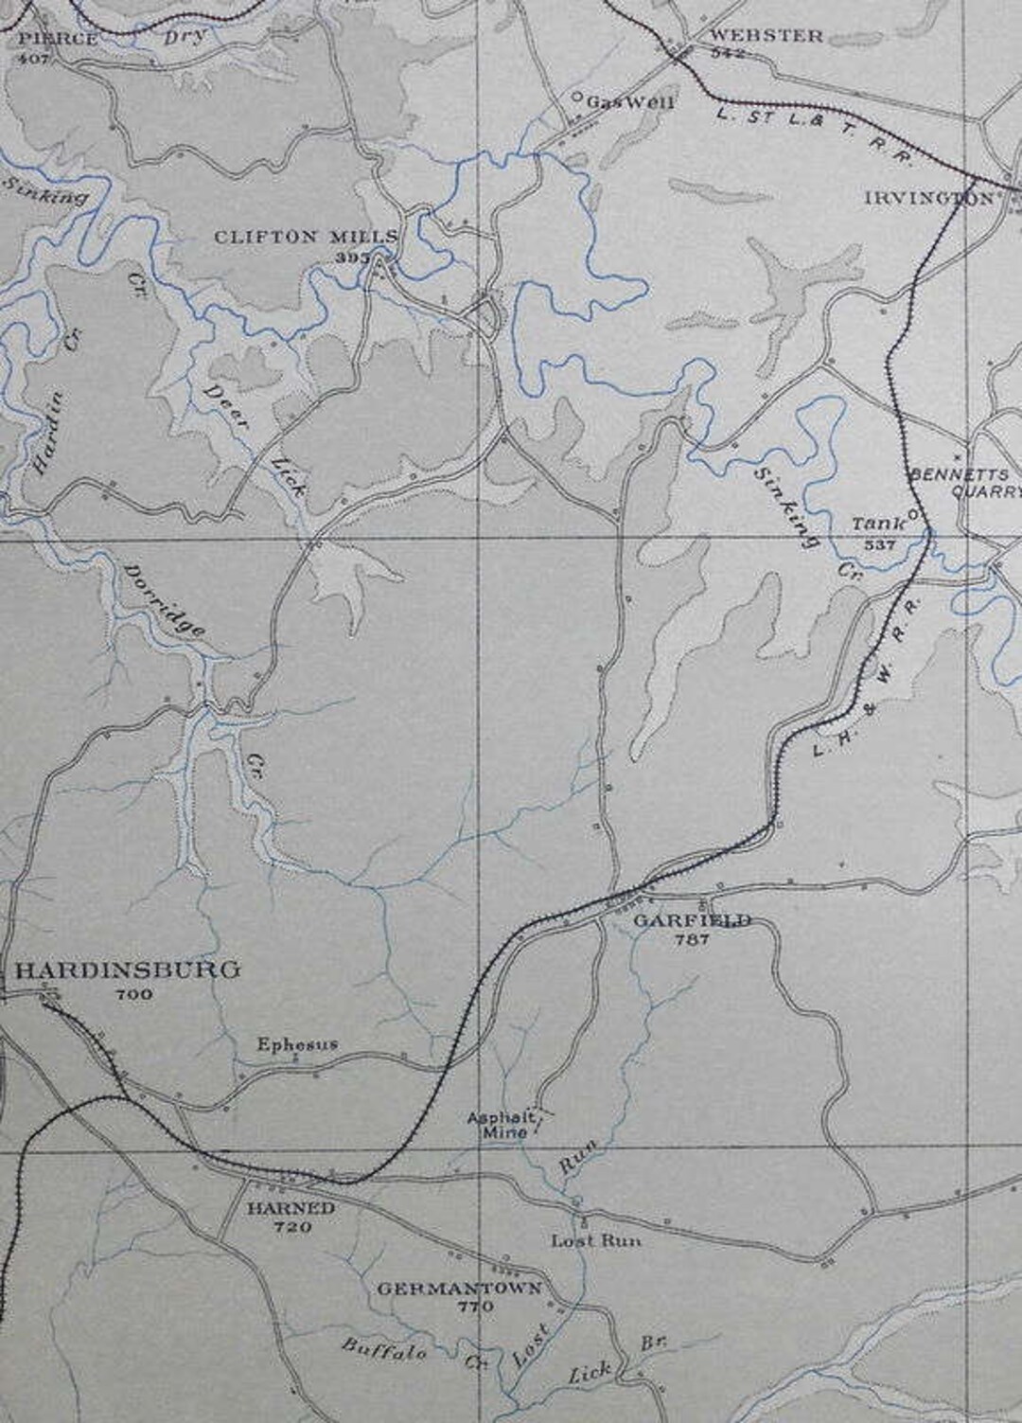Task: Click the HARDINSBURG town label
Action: pos(128,969)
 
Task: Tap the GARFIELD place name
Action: pos(692,920)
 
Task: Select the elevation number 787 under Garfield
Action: pos(692,939)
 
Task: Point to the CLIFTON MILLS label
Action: pos(306,237)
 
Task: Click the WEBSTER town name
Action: pos(766,35)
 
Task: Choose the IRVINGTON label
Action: pos(929,198)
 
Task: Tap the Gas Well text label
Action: pos(630,102)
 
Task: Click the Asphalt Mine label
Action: pos(502,1125)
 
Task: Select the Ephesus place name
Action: pos(297,1044)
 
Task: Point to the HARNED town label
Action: pos(291,1208)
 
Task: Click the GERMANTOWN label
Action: pos(459,1289)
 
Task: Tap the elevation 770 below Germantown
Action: pos(475,1307)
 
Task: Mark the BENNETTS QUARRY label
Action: pos(965,482)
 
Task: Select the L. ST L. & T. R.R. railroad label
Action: pos(813,134)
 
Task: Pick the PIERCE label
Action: pos(58,39)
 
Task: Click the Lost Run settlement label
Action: pos(595,1240)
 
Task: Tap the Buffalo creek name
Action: pos(383,1348)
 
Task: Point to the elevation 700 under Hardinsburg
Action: pos(133,994)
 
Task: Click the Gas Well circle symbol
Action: pos(577,98)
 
